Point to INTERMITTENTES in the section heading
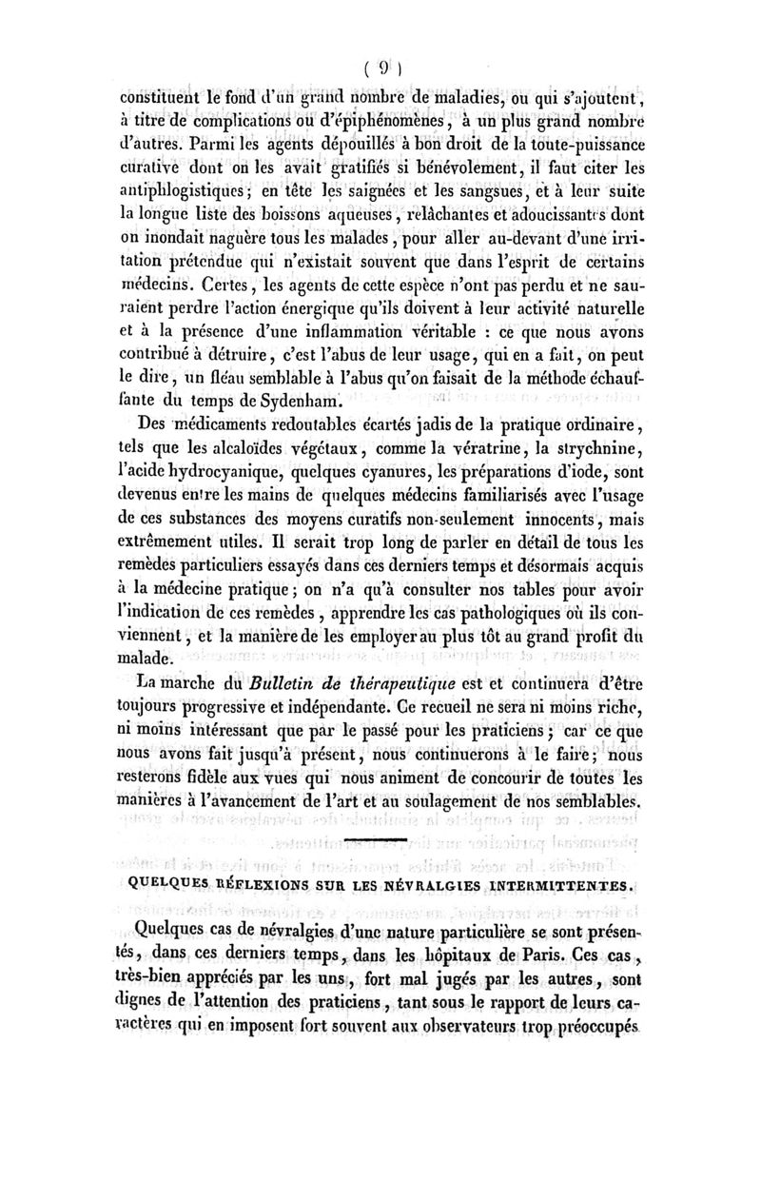pos(556,884)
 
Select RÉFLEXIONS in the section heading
pos(260,884)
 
